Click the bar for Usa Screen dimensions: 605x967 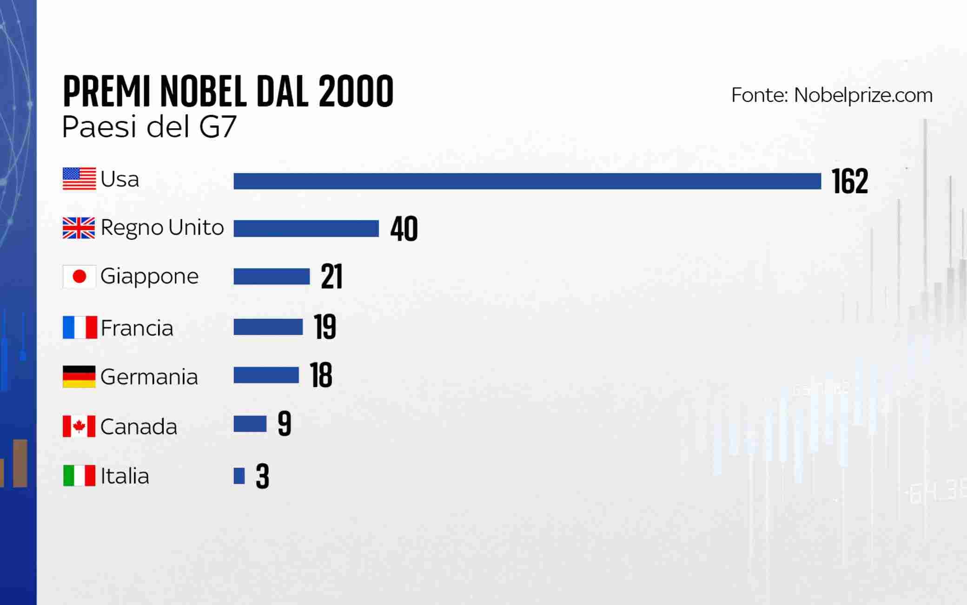point(527,181)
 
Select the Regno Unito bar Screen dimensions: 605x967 point(306,229)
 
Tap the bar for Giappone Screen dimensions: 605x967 point(272,276)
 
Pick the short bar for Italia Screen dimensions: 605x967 point(239,476)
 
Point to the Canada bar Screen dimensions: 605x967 point(250,424)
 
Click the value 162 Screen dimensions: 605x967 point(850,181)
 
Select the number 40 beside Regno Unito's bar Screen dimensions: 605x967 point(404,229)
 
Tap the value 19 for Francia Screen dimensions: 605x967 point(325,327)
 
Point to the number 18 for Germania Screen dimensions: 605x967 point(321,375)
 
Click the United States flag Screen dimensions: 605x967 point(79,179)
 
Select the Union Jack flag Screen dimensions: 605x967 point(79,228)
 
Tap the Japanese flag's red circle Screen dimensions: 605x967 point(79,277)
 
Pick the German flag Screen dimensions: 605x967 point(79,376)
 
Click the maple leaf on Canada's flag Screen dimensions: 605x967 point(79,426)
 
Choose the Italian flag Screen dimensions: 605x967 point(79,475)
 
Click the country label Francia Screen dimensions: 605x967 point(137,328)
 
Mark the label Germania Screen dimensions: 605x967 point(149,377)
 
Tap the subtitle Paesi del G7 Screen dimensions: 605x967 point(149,127)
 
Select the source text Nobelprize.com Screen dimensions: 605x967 point(863,95)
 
